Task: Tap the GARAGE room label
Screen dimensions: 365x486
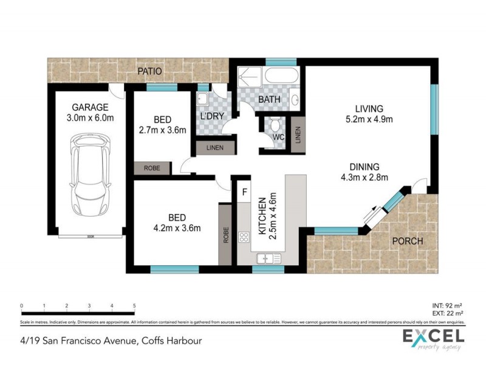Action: point(91,108)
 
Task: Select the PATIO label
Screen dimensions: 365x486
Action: point(149,71)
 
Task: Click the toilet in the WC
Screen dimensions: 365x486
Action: point(275,127)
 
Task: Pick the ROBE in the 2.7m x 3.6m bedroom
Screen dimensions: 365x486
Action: point(152,168)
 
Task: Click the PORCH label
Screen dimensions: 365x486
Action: point(407,242)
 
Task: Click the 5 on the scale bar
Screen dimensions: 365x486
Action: point(134,306)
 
